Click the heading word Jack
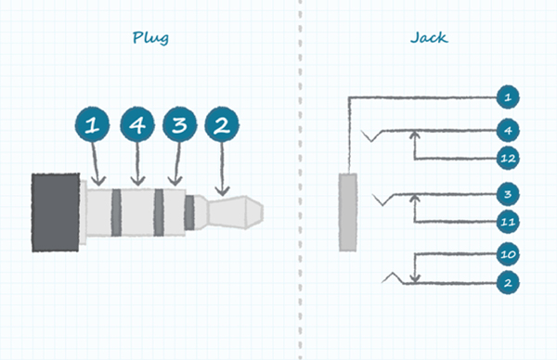click(x=428, y=38)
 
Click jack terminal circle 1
click(x=507, y=96)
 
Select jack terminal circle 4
click(x=507, y=129)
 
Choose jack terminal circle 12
click(x=507, y=158)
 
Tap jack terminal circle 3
click(x=507, y=194)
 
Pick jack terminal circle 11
click(x=507, y=223)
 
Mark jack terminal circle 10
click(x=507, y=253)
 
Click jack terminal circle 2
click(x=507, y=282)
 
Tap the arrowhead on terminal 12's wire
click(x=414, y=137)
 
